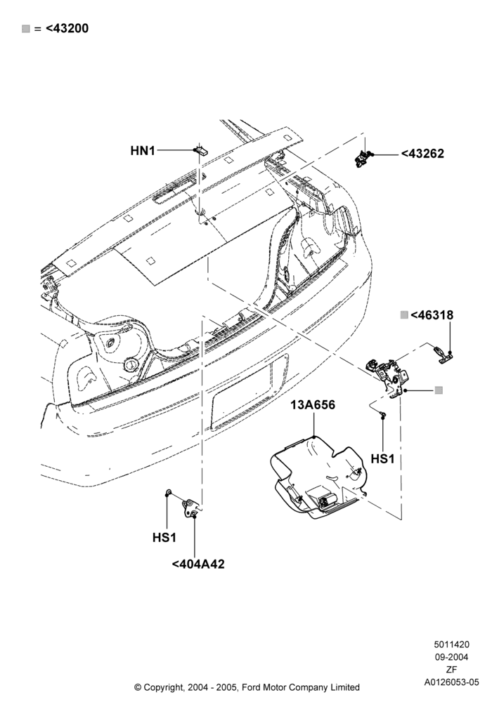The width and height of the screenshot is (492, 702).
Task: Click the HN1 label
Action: (143, 151)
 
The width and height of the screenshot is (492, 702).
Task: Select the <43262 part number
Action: (422, 154)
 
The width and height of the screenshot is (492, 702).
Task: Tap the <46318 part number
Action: (432, 315)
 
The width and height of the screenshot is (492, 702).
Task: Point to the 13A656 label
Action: (313, 405)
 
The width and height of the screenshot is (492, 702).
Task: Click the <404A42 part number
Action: (198, 564)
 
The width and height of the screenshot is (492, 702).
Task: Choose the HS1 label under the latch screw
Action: (382, 459)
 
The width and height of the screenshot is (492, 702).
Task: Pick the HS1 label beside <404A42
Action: (164, 537)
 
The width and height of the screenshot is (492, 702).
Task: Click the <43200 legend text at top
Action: (67, 28)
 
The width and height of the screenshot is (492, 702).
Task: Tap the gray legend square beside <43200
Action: (26, 29)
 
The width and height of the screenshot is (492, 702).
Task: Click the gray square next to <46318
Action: (404, 315)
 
